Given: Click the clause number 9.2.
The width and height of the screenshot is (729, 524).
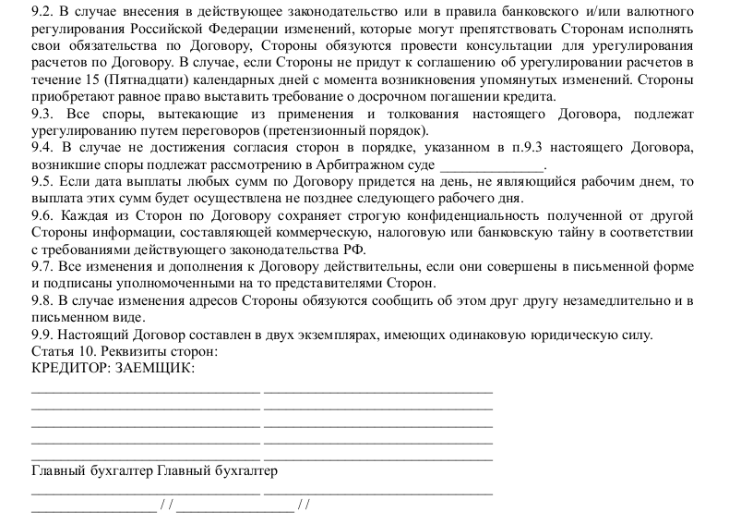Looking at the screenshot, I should click(42, 12).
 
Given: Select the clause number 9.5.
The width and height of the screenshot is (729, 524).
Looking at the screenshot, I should click(42, 182).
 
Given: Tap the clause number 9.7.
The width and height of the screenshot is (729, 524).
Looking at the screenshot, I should click(42, 267).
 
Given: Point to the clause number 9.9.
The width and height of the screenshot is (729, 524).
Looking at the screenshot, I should click(42, 335).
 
